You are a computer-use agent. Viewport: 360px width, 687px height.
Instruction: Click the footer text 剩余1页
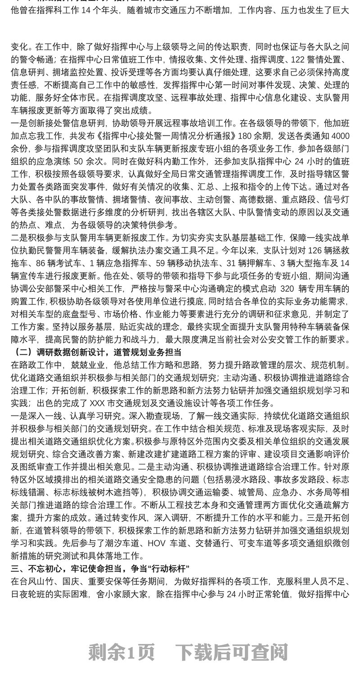click(x=121, y=651)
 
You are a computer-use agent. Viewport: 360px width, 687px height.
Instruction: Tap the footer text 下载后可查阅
click(x=231, y=651)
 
